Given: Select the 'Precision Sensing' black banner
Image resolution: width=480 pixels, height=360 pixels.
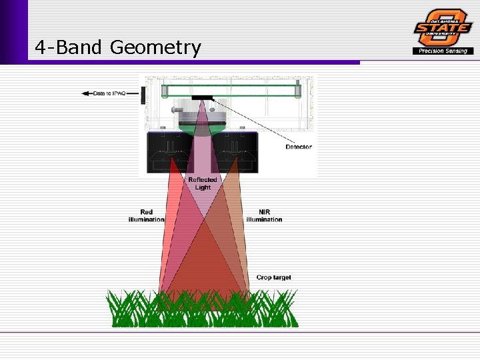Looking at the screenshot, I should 443,51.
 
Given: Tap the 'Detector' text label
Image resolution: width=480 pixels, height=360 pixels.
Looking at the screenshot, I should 298,147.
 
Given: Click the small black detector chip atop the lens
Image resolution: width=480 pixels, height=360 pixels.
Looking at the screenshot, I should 202,98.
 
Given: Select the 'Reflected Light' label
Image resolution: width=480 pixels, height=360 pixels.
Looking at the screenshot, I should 203,183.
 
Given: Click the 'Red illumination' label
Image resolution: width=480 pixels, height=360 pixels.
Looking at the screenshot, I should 146,216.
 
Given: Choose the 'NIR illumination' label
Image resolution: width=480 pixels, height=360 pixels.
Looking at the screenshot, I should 264,216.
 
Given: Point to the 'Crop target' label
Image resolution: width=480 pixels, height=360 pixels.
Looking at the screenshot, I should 273,277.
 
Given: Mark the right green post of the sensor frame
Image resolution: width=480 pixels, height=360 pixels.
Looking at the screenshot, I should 298,90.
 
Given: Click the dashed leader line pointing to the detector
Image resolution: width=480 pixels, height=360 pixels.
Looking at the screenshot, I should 253,120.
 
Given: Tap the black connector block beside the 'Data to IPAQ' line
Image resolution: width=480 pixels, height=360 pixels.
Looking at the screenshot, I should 143,94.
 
